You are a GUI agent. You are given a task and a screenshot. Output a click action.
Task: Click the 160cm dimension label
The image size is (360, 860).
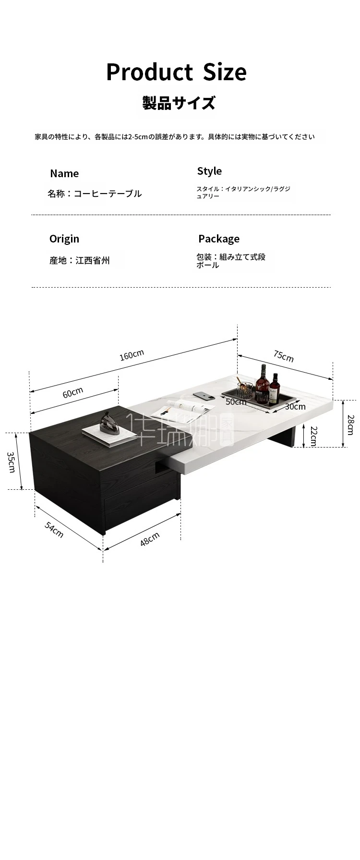pyautogui.click(x=132, y=355)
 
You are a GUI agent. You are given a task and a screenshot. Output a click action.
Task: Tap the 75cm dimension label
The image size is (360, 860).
pyautogui.click(x=284, y=356)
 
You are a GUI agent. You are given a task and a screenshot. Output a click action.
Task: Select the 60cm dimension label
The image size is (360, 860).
pyautogui.click(x=73, y=393)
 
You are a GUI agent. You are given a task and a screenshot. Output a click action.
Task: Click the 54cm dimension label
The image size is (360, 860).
pyautogui.click(x=54, y=529)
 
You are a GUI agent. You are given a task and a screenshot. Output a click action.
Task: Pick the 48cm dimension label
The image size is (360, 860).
pyautogui.click(x=150, y=539)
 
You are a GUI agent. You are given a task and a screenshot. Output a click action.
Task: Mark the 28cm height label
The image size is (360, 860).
pyautogui.click(x=350, y=424)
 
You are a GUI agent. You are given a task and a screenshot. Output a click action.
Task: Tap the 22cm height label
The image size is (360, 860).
pyautogui.click(x=313, y=436)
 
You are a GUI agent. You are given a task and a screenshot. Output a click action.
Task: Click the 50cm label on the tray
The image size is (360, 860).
pyautogui.click(x=236, y=402)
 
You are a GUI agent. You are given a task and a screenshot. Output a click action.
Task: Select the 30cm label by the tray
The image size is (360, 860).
pyautogui.click(x=295, y=406)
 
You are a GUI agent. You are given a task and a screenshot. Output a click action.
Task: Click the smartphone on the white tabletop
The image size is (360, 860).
pyautogui.click(x=204, y=396)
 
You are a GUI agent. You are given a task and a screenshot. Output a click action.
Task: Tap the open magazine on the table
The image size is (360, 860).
pyautogui.click(x=183, y=410)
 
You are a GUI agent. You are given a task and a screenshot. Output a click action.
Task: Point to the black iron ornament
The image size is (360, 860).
pyautogui.click(x=110, y=425)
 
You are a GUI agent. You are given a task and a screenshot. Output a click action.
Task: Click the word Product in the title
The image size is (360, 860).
pyautogui.click(x=149, y=72)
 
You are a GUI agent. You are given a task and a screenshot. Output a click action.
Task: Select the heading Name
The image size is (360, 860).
pyautogui.click(x=64, y=173)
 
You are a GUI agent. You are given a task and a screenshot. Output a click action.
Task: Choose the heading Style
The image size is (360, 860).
pyautogui.click(x=209, y=171)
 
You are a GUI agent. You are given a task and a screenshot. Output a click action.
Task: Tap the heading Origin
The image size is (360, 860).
pyautogui.click(x=64, y=239)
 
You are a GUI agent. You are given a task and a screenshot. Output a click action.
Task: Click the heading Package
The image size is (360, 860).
pyautogui.click(x=219, y=239)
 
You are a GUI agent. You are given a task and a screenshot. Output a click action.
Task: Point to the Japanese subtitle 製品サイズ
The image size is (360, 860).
pyautogui.click(x=179, y=103)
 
